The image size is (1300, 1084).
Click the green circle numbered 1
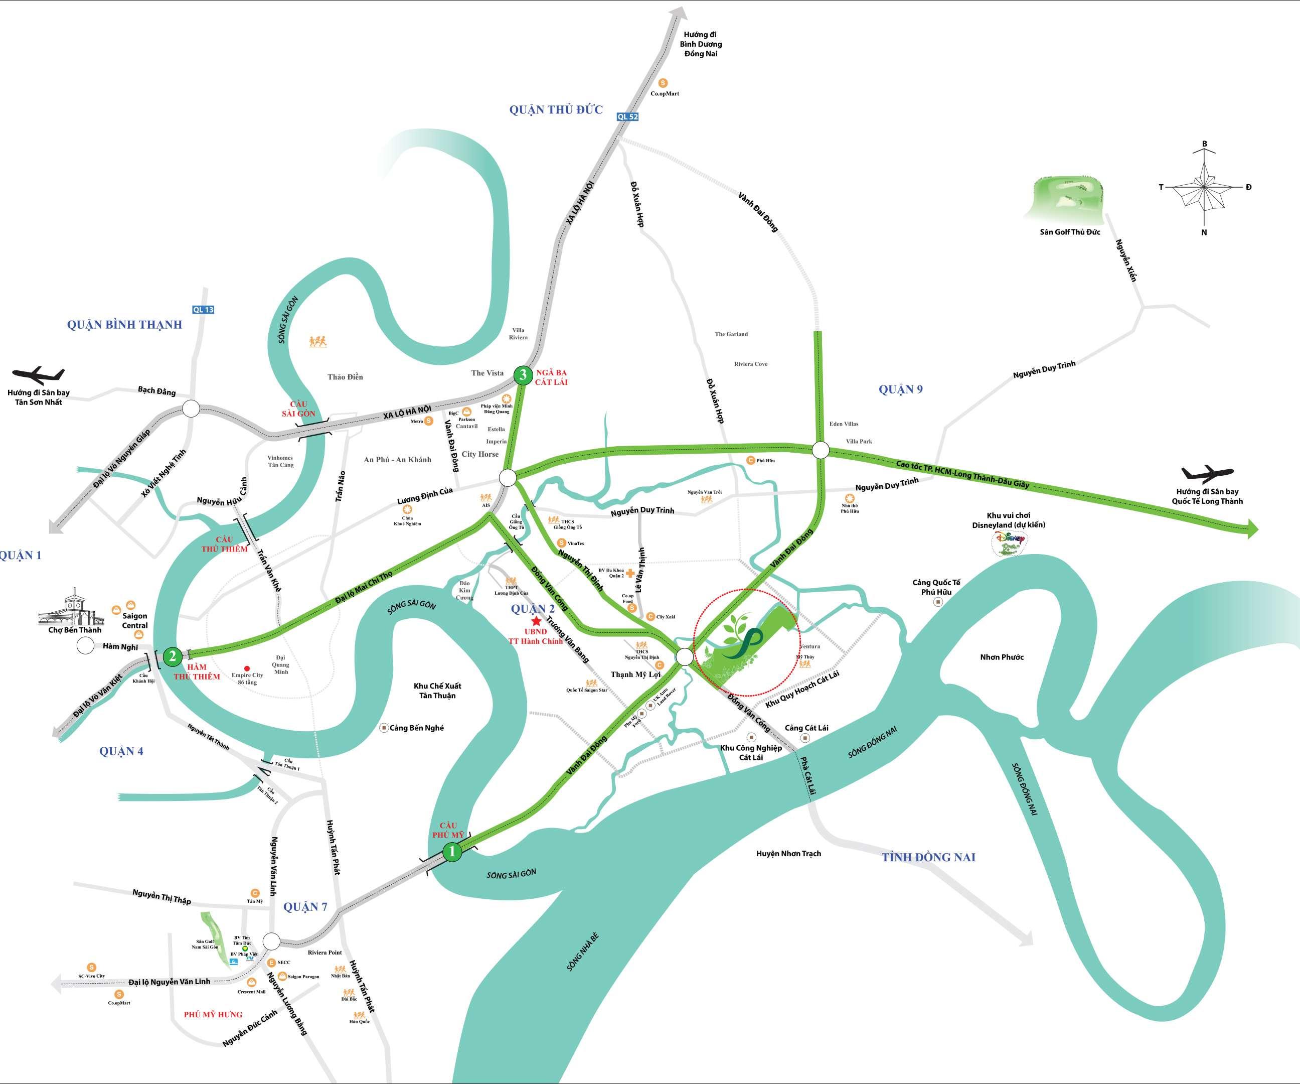[x=452, y=852]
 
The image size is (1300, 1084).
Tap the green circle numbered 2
[x=173, y=655]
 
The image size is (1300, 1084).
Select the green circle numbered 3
[x=523, y=375]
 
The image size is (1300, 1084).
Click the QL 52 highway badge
[x=627, y=116]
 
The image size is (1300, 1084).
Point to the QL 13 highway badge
[x=203, y=310]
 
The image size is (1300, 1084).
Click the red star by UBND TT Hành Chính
[x=536, y=621]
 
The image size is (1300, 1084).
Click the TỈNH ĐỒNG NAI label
[x=928, y=857]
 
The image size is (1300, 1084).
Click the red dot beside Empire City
[x=247, y=662]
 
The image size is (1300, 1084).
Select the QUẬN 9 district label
[x=900, y=389]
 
